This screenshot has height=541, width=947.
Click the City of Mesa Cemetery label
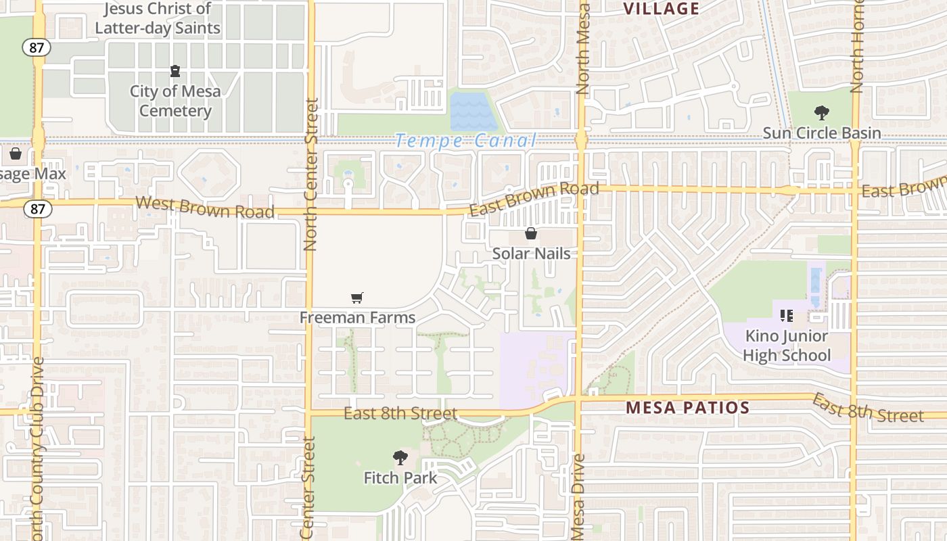(x=175, y=101)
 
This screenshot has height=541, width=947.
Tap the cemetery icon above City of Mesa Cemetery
(x=175, y=71)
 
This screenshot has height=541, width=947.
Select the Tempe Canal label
(x=466, y=141)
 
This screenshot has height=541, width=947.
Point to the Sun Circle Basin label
(x=822, y=133)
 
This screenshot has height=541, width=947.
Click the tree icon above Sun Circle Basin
(x=822, y=112)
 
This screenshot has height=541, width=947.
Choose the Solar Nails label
(x=531, y=254)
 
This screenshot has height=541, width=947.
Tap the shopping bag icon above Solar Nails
(x=531, y=234)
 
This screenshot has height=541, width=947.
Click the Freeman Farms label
(x=357, y=317)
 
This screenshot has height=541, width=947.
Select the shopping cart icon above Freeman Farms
(x=357, y=298)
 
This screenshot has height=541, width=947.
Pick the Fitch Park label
(x=400, y=477)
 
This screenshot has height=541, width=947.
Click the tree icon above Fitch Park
(x=400, y=458)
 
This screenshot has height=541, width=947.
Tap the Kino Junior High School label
(x=787, y=346)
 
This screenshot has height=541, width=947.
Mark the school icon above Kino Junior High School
(x=786, y=316)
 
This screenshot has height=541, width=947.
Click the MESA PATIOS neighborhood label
(x=687, y=408)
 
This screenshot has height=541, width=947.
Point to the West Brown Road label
(x=205, y=207)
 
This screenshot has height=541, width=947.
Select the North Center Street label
(x=311, y=174)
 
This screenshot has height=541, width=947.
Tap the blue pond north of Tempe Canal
(x=473, y=112)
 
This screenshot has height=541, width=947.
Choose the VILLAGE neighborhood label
(x=661, y=9)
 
